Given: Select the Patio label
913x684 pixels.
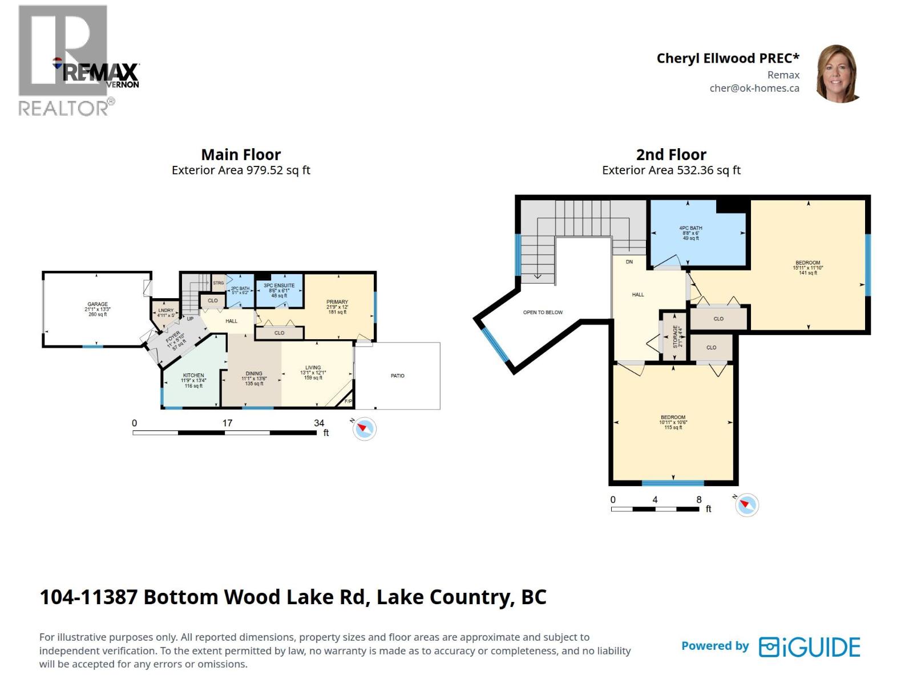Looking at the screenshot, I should [x=398, y=376].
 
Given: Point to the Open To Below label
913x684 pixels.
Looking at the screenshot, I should [x=543, y=312].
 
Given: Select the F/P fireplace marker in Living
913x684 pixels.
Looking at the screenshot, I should [x=348, y=402].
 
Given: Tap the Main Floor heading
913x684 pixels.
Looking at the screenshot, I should [x=241, y=154].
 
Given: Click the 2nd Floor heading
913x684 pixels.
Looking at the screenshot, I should [x=671, y=154].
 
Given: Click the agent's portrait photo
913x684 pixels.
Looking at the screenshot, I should [x=839, y=74].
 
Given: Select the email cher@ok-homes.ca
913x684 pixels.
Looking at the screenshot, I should [x=754, y=88].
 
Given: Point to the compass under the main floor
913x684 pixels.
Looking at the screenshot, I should [x=364, y=428].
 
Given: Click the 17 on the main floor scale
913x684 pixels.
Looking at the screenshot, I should [x=227, y=423].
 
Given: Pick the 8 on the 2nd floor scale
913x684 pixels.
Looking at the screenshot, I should [x=699, y=499].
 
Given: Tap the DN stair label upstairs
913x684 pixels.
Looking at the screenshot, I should [x=629, y=262].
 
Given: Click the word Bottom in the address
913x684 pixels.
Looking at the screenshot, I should [x=180, y=597].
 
